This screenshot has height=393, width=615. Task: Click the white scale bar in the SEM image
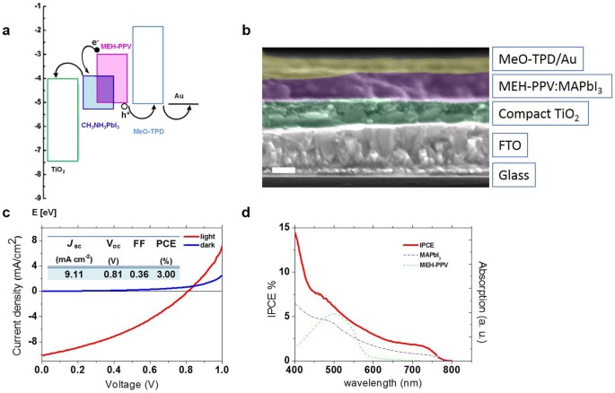(x=280, y=170)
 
